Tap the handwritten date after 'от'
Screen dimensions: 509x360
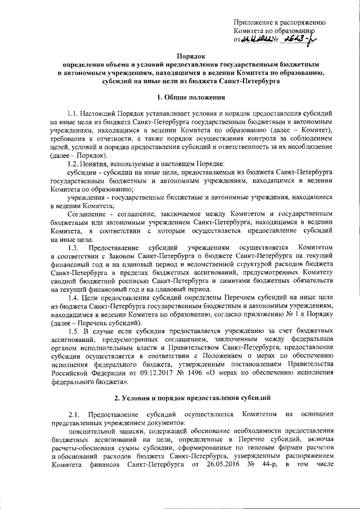[259, 40]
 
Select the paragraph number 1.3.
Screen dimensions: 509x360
[73, 247]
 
